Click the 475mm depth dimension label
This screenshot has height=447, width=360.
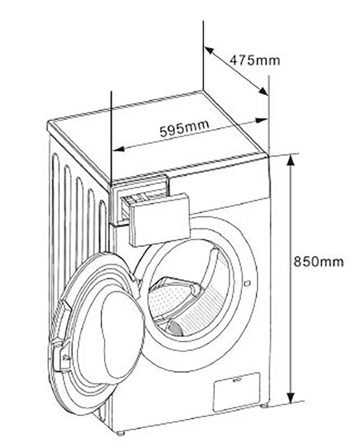(255, 60)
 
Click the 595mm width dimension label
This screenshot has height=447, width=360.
(185, 128)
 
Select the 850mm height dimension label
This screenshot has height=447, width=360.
(319, 261)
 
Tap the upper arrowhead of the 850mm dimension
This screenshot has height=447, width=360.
(290, 160)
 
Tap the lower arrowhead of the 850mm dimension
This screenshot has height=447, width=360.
(290, 397)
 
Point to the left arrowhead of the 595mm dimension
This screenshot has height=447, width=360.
(119, 149)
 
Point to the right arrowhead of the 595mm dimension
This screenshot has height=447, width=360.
(261, 120)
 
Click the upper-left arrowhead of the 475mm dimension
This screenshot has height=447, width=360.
(209, 51)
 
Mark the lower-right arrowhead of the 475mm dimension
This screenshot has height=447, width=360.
(263, 91)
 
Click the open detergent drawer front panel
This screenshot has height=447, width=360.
(160, 220)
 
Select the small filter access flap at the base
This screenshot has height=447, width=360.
(237, 392)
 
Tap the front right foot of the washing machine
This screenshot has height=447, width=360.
(264, 406)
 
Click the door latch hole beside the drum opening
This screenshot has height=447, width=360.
(247, 283)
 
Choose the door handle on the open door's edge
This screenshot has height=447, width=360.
(61, 356)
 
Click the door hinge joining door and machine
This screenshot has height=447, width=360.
(135, 278)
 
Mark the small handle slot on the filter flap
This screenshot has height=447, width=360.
(236, 380)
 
